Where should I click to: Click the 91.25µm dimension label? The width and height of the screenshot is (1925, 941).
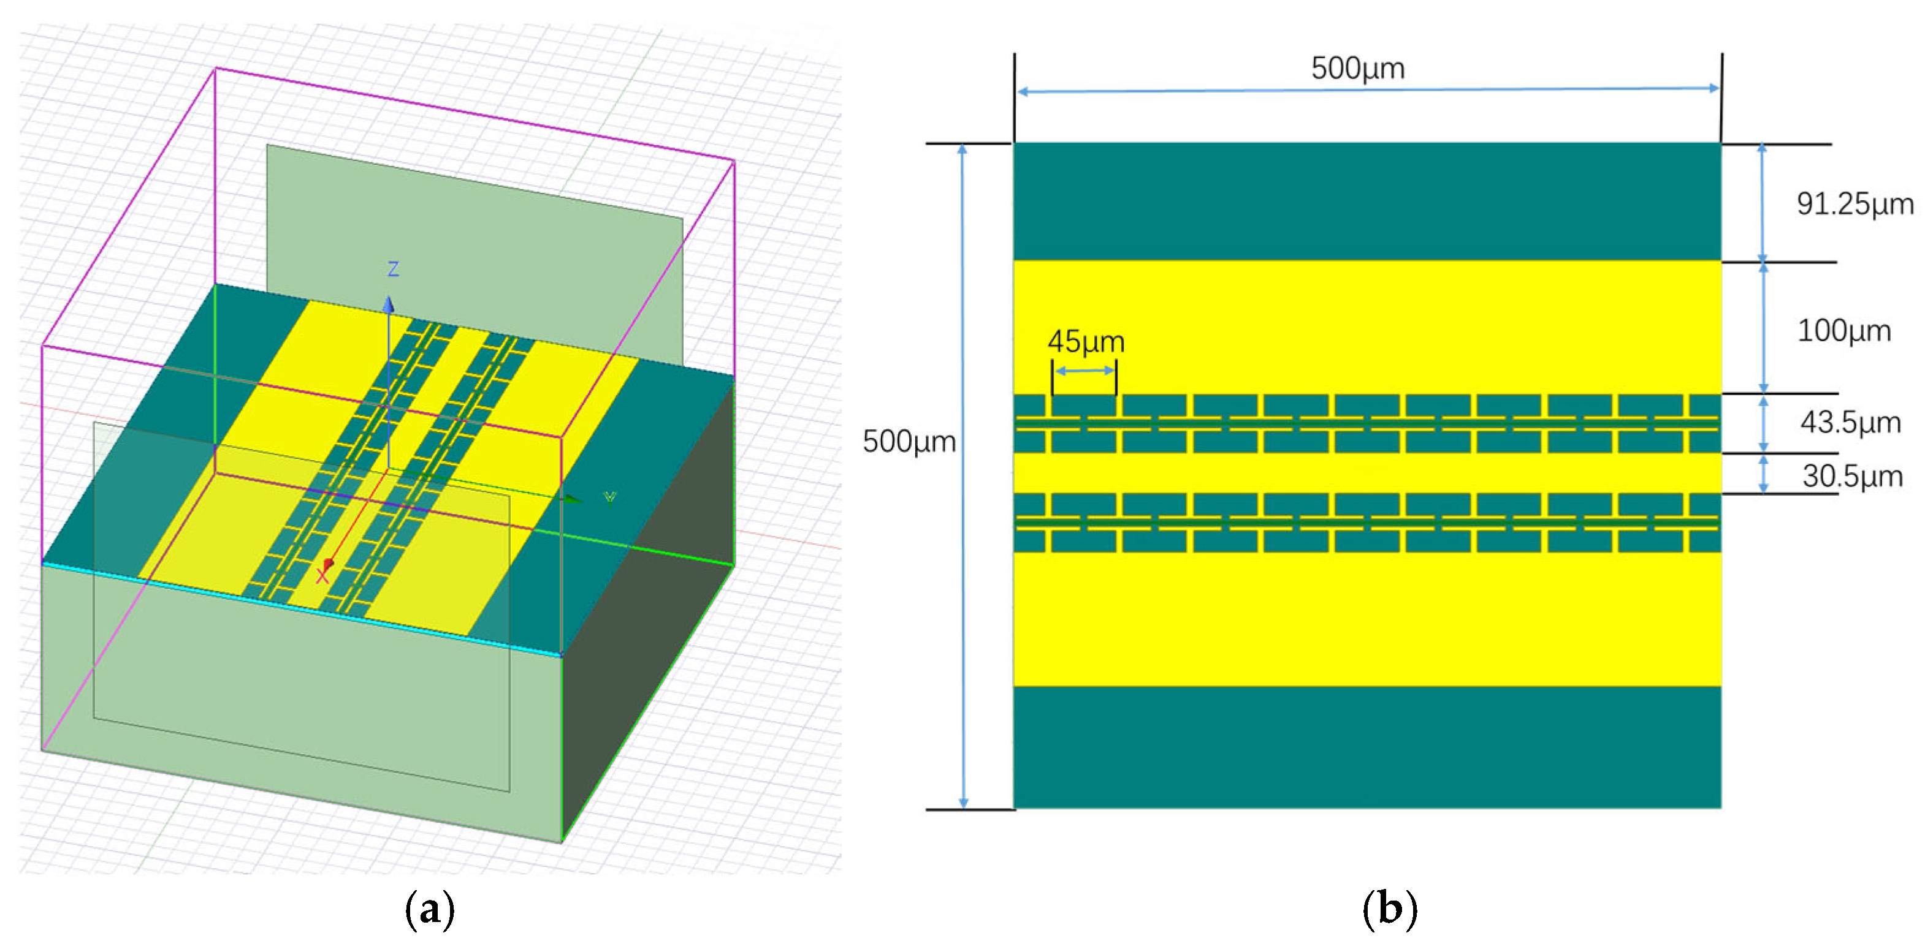1854,204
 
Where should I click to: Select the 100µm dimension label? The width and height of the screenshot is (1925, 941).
1843,331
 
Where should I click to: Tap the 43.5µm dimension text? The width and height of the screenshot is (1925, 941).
1850,423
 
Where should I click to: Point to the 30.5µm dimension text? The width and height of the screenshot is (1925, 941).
1852,477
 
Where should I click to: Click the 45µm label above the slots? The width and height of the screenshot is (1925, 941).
1085,342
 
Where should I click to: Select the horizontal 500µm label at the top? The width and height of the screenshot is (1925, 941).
1357,69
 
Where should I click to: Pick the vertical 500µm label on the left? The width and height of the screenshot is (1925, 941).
909,441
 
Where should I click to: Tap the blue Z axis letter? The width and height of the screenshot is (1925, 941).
393,269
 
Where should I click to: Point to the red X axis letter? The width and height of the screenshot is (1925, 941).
322,576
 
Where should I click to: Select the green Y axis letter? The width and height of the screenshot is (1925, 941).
610,497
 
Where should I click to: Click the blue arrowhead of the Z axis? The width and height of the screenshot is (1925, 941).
389,304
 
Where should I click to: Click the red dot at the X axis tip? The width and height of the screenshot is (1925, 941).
328,563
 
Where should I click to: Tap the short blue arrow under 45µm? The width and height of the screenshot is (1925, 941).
1084,371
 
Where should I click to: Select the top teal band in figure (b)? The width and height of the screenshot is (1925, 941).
1367,202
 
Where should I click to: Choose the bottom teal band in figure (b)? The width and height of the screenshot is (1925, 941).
1367,747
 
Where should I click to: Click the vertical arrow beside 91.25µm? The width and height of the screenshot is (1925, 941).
1762,202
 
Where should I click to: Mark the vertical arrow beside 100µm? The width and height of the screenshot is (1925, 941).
1764,328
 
